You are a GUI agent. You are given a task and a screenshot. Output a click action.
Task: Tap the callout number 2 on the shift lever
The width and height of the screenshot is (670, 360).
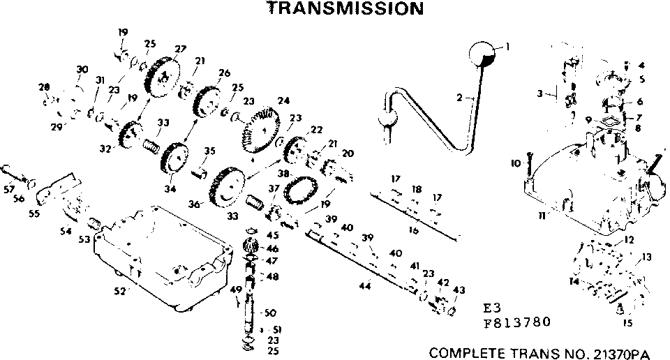(460, 98)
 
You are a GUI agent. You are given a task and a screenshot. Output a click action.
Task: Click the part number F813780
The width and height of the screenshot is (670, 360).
(516, 322)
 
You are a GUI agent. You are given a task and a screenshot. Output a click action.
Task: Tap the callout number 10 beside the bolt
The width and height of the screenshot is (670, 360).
(516, 163)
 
